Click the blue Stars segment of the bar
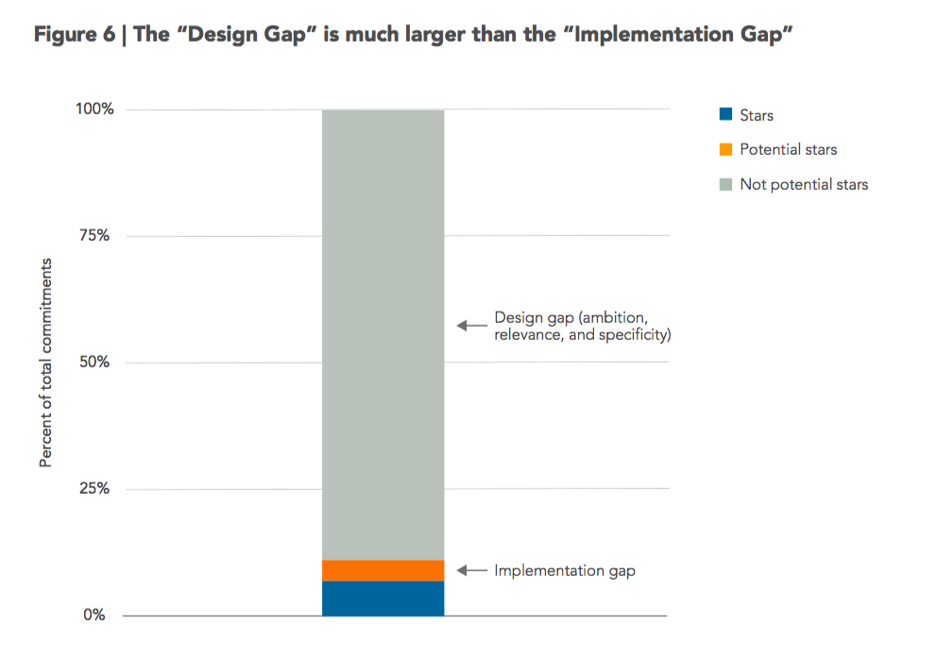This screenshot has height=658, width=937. (x=383, y=599)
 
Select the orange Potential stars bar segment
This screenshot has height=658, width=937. (x=383, y=570)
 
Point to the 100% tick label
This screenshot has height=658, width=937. (x=94, y=110)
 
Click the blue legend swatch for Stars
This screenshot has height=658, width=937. (x=725, y=115)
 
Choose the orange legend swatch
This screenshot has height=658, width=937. (x=725, y=150)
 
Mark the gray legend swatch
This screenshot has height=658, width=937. (x=725, y=184)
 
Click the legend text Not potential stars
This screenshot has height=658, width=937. (x=804, y=185)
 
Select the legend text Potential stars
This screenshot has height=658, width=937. (x=788, y=150)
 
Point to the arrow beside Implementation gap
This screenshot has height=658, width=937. (x=471, y=571)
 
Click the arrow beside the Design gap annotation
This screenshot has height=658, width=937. (x=471, y=326)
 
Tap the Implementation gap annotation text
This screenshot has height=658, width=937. (x=564, y=571)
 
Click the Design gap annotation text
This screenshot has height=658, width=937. (x=582, y=326)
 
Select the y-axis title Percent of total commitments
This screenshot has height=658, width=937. (x=45, y=363)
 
